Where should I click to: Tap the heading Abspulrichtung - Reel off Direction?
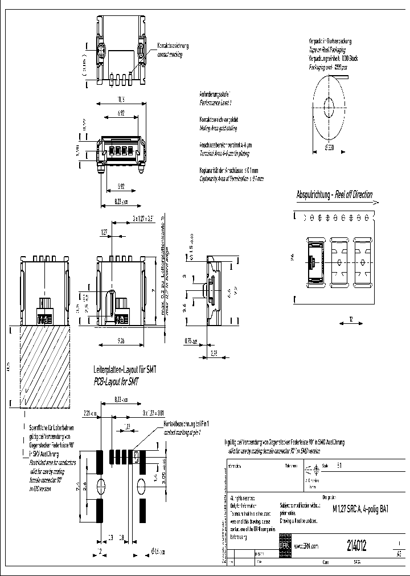point(334,195)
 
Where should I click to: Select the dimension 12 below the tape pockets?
point(351,321)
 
